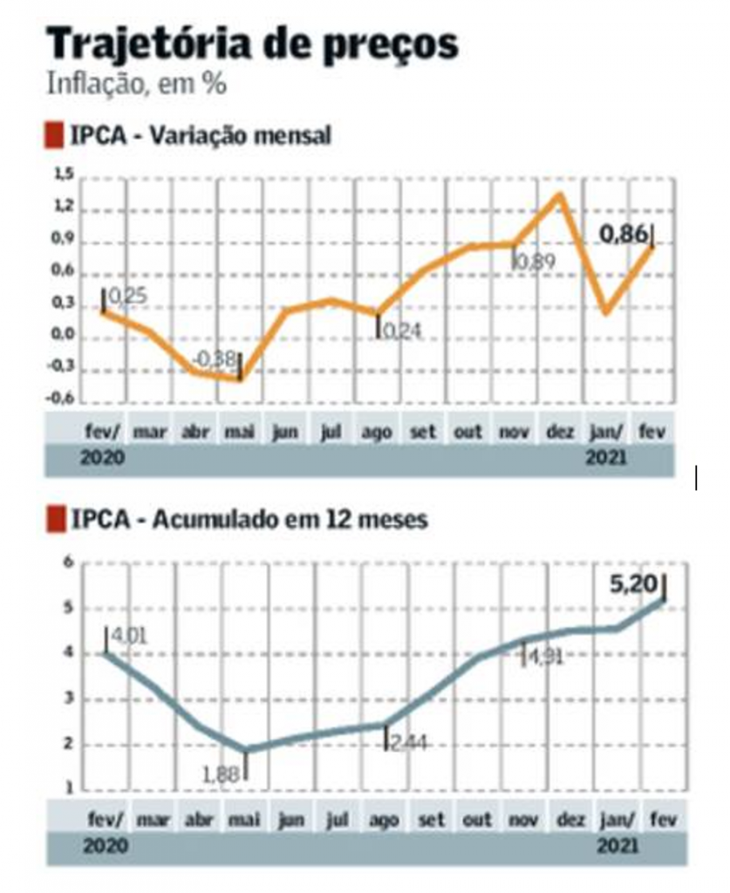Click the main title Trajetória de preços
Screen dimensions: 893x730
[252, 44]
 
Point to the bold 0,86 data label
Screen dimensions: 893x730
[624, 233]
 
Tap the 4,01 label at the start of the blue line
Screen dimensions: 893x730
[127, 634]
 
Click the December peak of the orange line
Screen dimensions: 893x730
[560, 194]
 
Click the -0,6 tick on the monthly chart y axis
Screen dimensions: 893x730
[60, 401]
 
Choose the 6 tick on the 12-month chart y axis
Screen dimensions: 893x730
[68, 562]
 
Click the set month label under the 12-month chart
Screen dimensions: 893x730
[431, 821]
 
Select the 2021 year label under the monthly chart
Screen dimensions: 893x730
[605, 457]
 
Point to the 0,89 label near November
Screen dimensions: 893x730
[534, 261]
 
